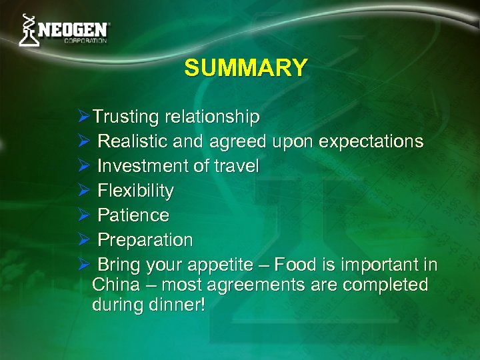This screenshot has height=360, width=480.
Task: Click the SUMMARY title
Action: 246,68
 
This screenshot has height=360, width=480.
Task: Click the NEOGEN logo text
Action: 73,30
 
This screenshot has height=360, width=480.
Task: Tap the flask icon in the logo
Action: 27,31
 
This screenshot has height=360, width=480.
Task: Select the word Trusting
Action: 126,117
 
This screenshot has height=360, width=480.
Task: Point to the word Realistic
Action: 132,142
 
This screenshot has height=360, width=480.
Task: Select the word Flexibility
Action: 136,191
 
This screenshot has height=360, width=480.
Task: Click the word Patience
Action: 133,215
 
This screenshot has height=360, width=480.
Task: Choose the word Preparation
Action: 145,240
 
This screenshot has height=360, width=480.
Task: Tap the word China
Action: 115,285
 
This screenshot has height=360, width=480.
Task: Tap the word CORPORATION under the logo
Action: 85,41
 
